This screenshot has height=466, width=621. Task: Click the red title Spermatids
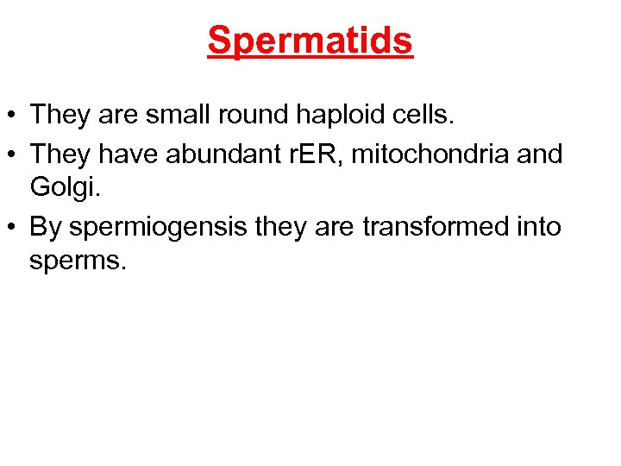tap(310, 41)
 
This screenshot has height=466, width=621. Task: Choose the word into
tap(540, 228)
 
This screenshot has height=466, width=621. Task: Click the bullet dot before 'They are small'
tap(14, 115)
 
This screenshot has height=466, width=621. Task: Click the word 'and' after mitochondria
tap(542, 155)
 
